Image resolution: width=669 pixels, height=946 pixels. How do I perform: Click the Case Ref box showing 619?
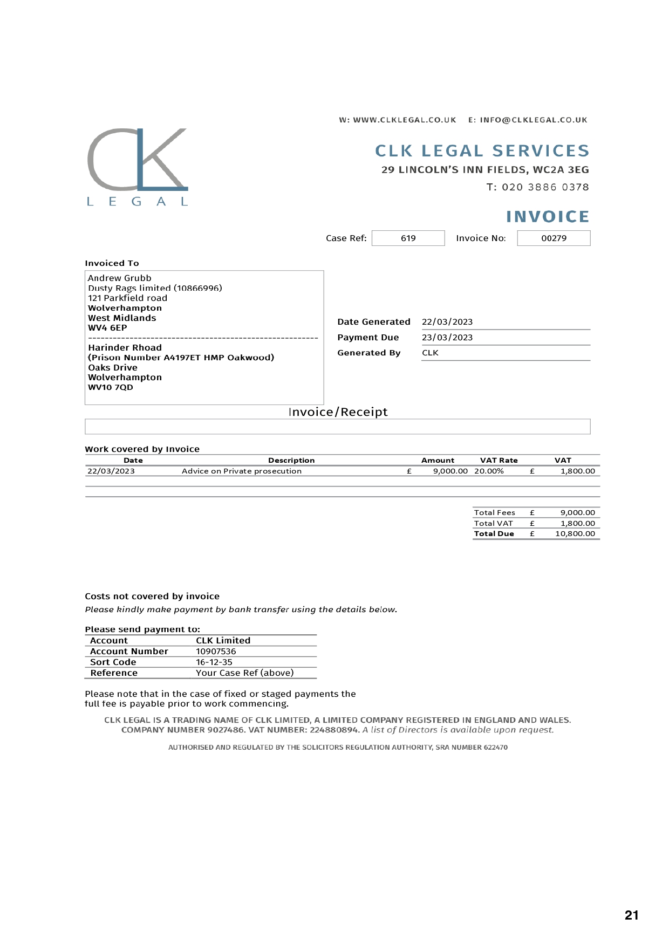tap(408, 238)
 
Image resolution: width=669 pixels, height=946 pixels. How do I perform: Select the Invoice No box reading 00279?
tap(554, 238)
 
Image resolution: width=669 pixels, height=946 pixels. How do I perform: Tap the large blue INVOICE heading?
tap(547, 216)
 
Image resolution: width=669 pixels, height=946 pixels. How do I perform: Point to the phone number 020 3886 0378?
tap(545, 187)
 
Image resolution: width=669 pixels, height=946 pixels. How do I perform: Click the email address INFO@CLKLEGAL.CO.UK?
tap(534, 120)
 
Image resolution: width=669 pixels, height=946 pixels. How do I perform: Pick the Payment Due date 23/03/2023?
tap(447, 337)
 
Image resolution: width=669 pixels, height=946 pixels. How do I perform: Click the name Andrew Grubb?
tap(120, 278)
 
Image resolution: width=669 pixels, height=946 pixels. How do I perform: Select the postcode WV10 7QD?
tap(111, 387)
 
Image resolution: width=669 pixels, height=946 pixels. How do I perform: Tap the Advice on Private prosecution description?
tap(242, 471)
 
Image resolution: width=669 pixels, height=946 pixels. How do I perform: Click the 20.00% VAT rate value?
tap(489, 471)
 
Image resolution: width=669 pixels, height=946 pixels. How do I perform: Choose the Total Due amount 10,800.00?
tap(575, 533)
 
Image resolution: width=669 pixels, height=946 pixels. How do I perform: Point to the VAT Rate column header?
tap(499, 460)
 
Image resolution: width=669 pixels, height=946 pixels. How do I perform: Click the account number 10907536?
tap(216, 651)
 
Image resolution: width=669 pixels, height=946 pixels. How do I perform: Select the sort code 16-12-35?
tap(214, 662)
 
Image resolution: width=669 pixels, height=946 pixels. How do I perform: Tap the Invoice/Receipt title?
tap(338, 412)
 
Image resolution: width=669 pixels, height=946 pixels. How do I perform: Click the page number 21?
tap(631, 915)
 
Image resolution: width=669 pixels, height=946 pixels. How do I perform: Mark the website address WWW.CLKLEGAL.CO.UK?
tap(405, 120)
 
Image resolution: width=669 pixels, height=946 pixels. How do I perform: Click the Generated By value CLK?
tap(430, 353)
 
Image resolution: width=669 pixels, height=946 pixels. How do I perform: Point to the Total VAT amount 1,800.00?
tap(577, 523)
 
